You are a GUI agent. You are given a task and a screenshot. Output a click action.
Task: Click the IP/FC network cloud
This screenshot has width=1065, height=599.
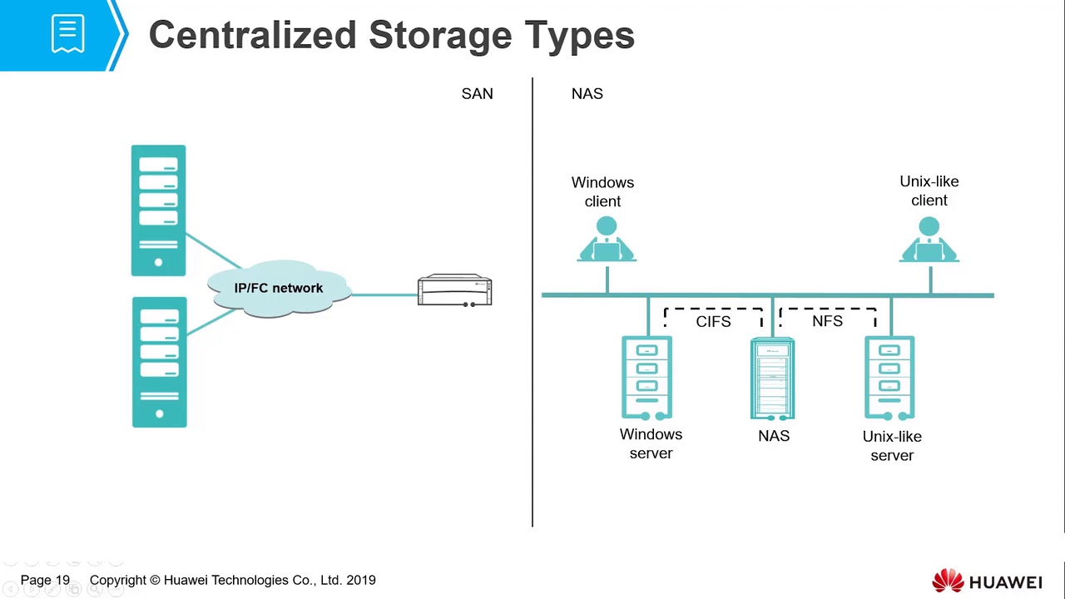pos(279,289)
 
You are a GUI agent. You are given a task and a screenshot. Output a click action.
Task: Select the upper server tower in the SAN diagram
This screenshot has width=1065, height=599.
pos(158,210)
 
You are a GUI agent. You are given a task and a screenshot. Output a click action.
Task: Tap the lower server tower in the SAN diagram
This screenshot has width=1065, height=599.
pos(159,362)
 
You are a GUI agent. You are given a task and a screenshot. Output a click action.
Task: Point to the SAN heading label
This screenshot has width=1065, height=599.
pos(477,94)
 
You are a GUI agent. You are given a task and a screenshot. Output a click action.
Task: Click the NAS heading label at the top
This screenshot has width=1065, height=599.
pos(587,94)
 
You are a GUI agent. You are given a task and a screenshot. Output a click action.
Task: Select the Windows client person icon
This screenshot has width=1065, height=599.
pos(607,240)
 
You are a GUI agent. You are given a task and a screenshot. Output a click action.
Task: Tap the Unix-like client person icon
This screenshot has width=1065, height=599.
pos(929,240)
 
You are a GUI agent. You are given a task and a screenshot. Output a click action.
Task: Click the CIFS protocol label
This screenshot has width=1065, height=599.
pos(713,322)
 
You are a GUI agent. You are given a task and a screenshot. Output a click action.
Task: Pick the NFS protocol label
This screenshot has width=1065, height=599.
pos(827,321)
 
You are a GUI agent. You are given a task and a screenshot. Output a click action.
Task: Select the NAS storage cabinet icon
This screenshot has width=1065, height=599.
pos(773,379)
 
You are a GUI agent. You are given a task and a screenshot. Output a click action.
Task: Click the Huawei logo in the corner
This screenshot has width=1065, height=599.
pos(987,581)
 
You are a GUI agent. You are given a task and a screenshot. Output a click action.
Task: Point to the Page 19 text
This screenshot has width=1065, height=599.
pos(45,581)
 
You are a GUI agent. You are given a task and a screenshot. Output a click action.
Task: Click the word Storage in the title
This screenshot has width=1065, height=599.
pos(441,36)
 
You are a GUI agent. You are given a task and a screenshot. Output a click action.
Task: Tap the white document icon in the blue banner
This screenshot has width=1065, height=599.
pos(67,34)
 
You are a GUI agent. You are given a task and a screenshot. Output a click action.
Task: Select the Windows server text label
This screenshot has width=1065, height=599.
pos(651,443)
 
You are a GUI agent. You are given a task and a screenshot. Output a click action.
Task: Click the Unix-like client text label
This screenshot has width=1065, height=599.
pos(929,191)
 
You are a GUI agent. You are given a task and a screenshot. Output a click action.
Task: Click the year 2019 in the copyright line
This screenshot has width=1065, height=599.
pos(360,581)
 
